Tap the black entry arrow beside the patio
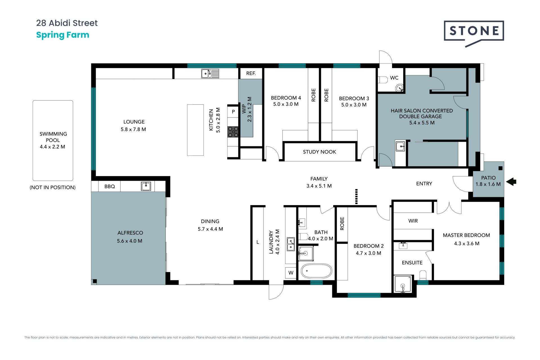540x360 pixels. click(x=511, y=181)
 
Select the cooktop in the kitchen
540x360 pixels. click(x=233, y=132)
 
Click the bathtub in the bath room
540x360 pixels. click(x=316, y=271)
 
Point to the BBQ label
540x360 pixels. click(x=110, y=186)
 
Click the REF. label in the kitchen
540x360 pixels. click(x=251, y=73)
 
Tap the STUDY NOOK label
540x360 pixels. click(x=319, y=152)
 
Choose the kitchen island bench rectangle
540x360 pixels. click(x=195, y=130)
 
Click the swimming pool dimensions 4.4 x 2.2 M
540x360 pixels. click(x=53, y=147)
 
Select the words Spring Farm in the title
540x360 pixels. click(x=63, y=35)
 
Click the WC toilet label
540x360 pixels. click(x=394, y=78)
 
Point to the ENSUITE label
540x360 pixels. click(x=412, y=263)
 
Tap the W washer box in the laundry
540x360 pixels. click(x=291, y=273)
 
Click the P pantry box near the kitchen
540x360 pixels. click(x=233, y=112)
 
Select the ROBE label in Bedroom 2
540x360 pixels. click(x=342, y=224)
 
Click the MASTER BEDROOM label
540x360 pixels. click(x=466, y=235)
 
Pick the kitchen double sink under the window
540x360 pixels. click(x=210, y=74)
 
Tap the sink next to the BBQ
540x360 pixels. click(x=146, y=186)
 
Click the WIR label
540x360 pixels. click(x=413, y=221)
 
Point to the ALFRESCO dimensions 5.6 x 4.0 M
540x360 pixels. click(x=130, y=241)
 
